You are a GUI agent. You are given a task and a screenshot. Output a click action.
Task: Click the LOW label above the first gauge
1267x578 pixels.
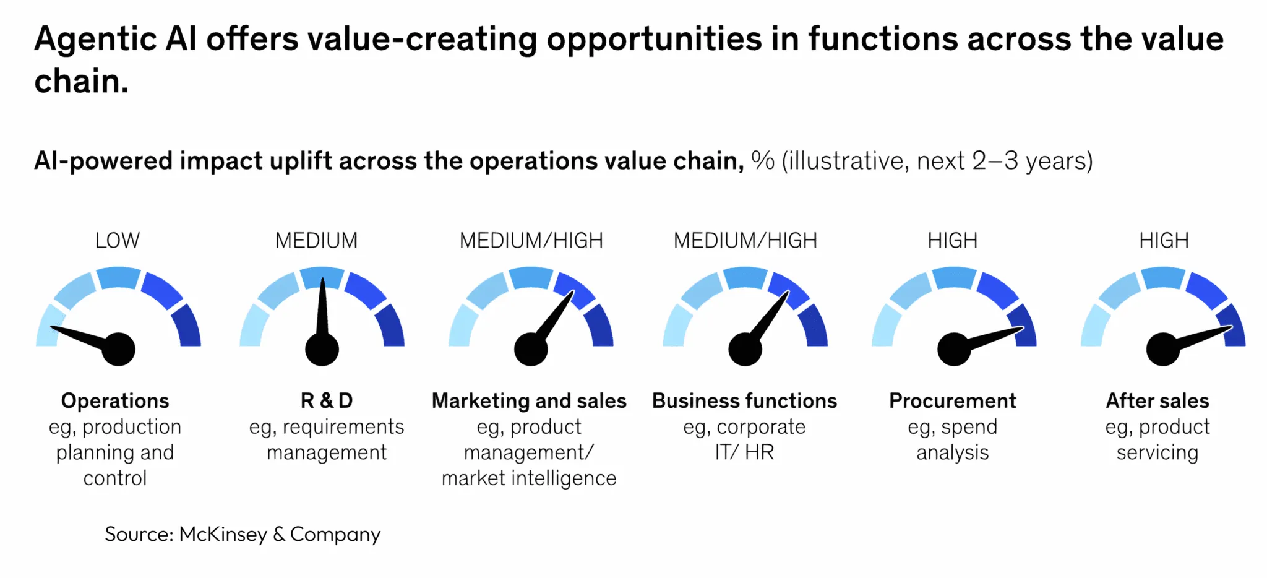point(118,240)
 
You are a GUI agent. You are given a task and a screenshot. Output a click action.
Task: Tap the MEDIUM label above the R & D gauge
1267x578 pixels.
point(316,240)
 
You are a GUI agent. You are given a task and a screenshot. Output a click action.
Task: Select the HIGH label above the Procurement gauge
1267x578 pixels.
point(952,240)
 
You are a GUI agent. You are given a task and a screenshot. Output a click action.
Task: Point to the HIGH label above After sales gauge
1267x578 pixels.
point(1164,240)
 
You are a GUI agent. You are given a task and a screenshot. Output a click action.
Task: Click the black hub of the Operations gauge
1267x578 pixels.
point(118,349)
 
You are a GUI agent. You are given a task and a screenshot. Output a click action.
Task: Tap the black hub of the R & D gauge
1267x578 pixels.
point(322,349)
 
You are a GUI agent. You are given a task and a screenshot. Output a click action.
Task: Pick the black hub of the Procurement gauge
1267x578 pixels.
point(954,349)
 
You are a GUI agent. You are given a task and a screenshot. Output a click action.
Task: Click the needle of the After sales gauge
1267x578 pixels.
point(1203,337)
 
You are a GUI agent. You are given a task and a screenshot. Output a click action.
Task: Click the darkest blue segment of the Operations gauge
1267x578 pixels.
point(187,326)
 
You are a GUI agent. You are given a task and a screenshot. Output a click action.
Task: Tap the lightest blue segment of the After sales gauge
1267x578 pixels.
point(1093,326)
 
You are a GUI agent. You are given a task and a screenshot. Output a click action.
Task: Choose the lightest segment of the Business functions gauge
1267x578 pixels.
point(675,326)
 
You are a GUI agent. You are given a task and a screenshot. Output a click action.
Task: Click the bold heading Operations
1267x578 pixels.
point(115,401)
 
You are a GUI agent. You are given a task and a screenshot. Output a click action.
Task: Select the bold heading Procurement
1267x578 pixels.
point(952,401)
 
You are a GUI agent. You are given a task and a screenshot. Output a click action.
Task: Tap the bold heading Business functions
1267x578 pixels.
point(744,401)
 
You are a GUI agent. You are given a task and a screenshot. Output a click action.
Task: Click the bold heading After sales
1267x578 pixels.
point(1157,401)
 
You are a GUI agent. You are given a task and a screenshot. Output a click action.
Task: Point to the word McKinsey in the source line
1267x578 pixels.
point(223,534)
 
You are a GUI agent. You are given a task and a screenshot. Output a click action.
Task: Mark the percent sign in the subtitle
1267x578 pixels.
point(762,161)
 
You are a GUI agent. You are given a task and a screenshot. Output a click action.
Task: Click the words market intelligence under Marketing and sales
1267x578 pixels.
point(529,478)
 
